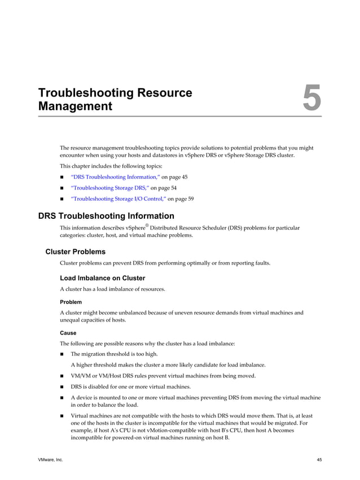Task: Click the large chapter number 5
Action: (x=311, y=99)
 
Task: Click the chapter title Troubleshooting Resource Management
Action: (x=115, y=99)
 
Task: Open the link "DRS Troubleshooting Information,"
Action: (x=115, y=177)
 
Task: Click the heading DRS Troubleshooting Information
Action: (x=106, y=216)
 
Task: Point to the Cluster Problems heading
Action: (x=75, y=252)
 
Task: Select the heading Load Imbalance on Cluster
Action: (x=102, y=278)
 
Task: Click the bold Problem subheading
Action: (x=71, y=302)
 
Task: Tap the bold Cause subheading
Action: (x=68, y=333)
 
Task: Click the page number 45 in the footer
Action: (x=319, y=460)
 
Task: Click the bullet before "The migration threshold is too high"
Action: (x=62, y=354)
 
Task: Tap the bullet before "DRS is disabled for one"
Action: (x=62, y=387)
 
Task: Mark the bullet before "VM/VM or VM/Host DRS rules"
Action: (x=62, y=376)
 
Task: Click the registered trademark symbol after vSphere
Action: (x=146, y=225)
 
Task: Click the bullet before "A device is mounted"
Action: (x=62, y=398)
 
